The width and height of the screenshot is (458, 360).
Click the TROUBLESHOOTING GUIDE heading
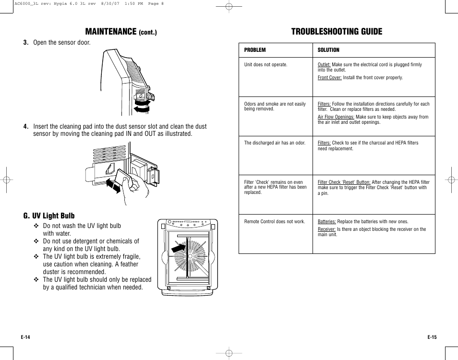click(x=337, y=32)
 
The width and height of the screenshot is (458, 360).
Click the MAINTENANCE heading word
click(x=110, y=32)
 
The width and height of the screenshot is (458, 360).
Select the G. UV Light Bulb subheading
click(x=49, y=216)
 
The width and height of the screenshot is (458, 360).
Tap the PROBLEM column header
click(x=255, y=50)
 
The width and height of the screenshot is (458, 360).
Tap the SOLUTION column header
click(x=328, y=50)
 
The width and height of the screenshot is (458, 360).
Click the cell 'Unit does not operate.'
click(x=265, y=65)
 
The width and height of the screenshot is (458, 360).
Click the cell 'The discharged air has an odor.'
click(x=275, y=143)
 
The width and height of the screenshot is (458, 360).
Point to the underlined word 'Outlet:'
click(x=324, y=65)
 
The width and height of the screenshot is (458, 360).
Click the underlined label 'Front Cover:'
click(x=329, y=77)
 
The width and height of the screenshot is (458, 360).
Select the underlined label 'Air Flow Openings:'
click(x=336, y=117)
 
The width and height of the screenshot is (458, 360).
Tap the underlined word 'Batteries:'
click(x=326, y=222)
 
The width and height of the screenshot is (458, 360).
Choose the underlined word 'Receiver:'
click(x=326, y=229)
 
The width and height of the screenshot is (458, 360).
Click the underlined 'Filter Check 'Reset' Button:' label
click(x=344, y=182)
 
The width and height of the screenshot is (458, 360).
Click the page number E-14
click(x=25, y=337)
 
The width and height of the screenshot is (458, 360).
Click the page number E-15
click(x=432, y=337)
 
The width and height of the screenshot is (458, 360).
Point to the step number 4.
click(x=26, y=127)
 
